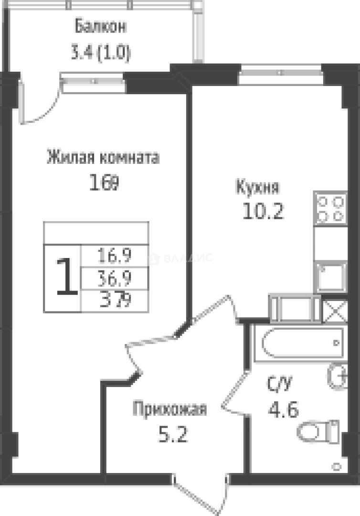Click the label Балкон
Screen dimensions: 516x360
tap(100, 27)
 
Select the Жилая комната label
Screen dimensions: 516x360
tap(103, 157)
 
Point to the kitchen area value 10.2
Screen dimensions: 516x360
tap(263, 211)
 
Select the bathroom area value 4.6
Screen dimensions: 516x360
tap(284, 409)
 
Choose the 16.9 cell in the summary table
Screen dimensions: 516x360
tap(115, 257)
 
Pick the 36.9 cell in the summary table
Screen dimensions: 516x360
tap(115, 277)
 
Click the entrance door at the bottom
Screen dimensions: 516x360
tap(198, 492)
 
